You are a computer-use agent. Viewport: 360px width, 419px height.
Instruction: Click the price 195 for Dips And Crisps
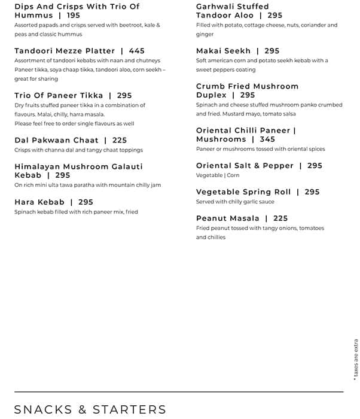73,16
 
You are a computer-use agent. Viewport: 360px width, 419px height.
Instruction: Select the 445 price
137,51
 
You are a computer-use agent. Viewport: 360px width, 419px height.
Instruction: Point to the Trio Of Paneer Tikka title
59,96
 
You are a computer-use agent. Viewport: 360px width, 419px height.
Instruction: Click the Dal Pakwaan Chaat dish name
56,140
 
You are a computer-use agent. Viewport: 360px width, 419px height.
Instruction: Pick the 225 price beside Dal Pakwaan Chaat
120,140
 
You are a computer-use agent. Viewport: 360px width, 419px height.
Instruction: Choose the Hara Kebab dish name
39,202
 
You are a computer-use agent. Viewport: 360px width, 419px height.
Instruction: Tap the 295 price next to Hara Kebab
86,202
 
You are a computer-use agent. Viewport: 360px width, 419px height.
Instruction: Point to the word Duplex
211,95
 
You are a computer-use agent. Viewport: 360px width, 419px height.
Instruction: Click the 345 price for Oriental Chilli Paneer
267,139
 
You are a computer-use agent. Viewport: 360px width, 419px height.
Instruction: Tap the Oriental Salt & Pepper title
245,166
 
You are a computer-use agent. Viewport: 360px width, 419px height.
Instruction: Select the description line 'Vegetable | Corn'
218,175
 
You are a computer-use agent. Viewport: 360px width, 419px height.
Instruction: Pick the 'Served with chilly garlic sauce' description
236,202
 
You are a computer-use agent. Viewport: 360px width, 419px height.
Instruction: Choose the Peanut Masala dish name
228,218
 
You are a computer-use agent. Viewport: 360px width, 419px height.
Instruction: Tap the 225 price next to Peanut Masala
280,218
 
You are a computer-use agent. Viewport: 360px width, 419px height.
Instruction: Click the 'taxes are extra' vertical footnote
355,357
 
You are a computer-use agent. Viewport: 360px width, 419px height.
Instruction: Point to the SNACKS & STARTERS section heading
90,409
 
